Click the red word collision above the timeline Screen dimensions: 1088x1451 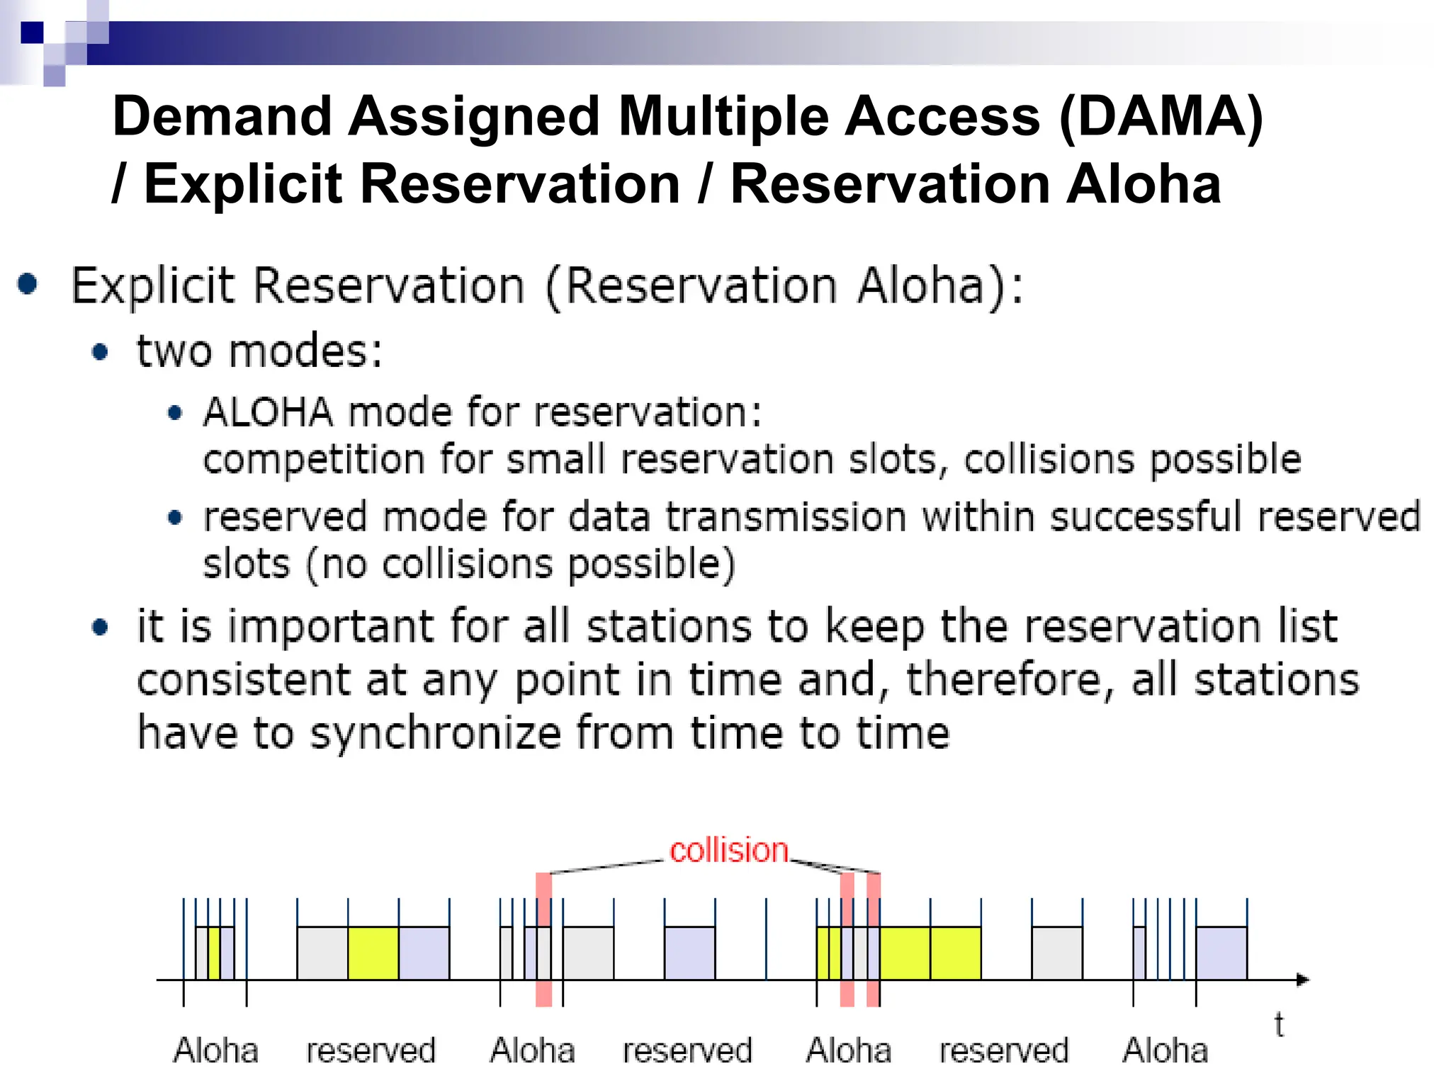pos(728,850)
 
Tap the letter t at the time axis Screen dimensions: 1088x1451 pos(1279,1025)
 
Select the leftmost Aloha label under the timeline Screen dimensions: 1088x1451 pos(215,1050)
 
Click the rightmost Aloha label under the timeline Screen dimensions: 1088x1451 pos(1165,1050)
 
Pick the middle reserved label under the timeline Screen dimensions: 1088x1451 pos(687,1050)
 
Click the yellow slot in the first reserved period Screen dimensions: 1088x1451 pos(373,953)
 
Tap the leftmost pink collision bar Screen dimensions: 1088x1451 pos(543,939)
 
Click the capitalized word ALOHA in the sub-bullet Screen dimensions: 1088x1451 pos(268,412)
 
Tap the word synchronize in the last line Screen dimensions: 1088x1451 pos(435,732)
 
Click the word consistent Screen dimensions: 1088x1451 pos(244,680)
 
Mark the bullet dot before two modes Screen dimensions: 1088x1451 pos(101,352)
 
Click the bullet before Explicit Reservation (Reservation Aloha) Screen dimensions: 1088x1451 pos(28,284)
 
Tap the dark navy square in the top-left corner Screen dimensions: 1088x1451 pos(32,32)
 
